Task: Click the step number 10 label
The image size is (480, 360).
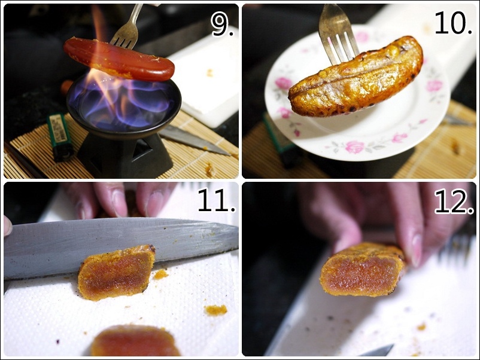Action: pyautogui.click(x=454, y=23)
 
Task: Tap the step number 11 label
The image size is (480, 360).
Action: pyautogui.click(x=217, y=200)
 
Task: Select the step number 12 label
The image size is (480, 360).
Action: pyautogui.click(x=454, y=202)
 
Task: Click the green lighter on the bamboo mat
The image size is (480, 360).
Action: pyautogui.click(x=60, y=137)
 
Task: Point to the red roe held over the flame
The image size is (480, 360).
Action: pyautogui.click(x=119, y=58)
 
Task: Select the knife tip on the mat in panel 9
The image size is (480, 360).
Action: pyautogui.click(x=227, y=153)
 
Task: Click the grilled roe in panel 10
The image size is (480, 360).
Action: pyautogui.click(x=356, y=77)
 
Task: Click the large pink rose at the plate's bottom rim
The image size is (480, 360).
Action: pyautogui.click(x=355, y=147)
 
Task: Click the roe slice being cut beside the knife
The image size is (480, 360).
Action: pyautogui.click(x=116, y=272)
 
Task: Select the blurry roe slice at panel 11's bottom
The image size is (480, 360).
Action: pyautogui.click(x=135, y=341)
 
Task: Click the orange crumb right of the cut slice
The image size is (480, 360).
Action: pyautogui.click(x=216, y=310)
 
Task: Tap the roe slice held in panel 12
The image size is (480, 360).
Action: pyautogui.click(x=364, y=270)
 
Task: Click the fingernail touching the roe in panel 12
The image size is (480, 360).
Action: pyautogui.click(x=416, y=249)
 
